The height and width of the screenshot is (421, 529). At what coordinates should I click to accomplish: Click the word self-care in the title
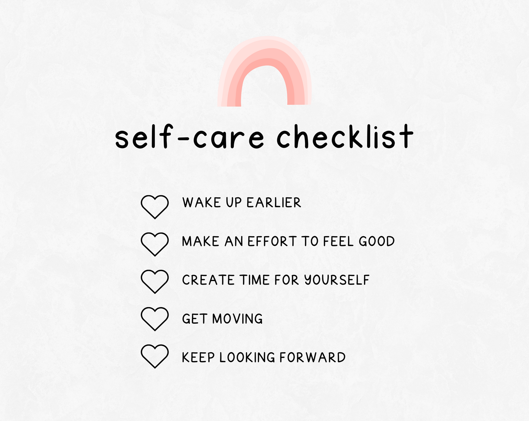click(190, 136)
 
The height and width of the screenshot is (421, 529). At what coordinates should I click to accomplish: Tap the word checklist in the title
click(345, 136)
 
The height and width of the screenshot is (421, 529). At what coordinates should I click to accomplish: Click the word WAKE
click(202, 202)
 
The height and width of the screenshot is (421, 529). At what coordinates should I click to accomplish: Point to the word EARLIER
click(274, 202)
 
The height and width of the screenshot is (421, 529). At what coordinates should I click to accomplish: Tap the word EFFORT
click(272, 241)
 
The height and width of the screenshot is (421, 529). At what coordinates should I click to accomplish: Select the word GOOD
click(377, 241)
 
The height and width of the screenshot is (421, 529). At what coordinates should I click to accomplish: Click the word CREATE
click(208, 280)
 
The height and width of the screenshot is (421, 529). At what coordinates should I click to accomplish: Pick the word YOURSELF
click(337, 280)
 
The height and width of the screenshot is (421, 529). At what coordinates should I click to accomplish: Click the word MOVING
click(237, 319)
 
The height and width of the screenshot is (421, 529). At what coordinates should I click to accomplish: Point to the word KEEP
click(198, 357)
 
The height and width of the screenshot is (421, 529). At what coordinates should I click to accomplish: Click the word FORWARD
click(313, 357)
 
